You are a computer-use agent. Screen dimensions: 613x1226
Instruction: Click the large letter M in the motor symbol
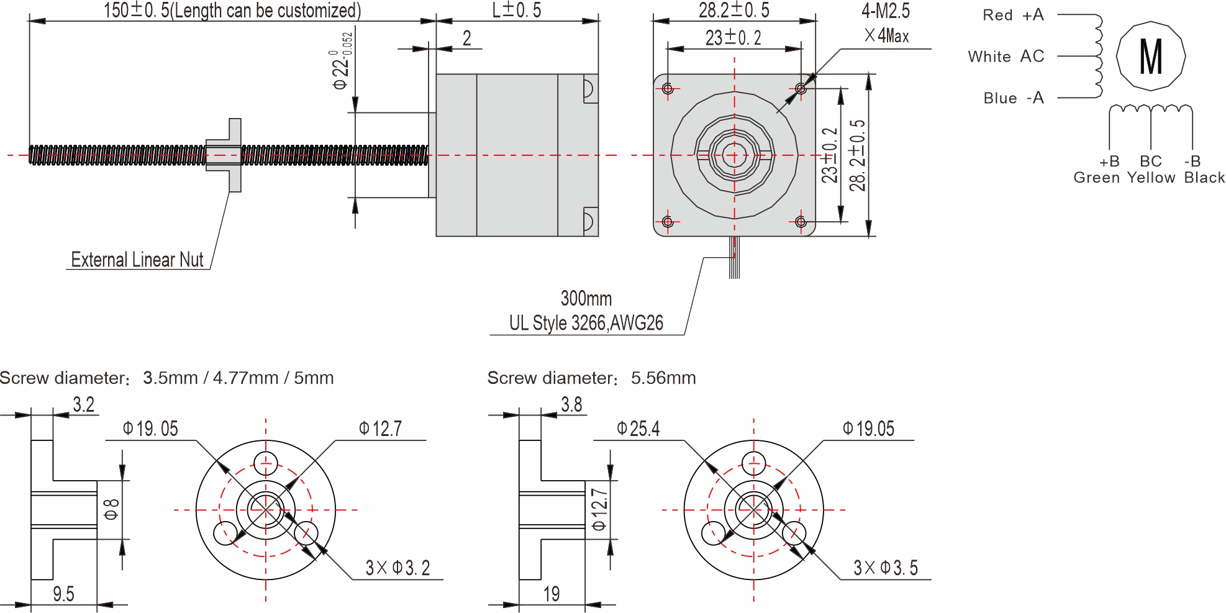point(1150,57)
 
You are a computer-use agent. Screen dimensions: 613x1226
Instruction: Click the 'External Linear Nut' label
point(137,260)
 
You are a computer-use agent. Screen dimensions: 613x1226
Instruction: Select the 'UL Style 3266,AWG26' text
point(586,323)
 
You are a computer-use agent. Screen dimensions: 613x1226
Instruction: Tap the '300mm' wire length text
point(586,299)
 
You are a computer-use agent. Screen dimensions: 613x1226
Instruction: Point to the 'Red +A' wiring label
point(1013,15)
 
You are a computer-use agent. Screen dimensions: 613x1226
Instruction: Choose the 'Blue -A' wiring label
point(1013,98)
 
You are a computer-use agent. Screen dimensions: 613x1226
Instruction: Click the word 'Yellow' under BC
point(1151,178)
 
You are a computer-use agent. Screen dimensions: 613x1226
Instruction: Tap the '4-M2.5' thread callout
point(885,11)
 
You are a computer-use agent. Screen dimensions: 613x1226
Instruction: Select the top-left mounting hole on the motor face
point(668,89)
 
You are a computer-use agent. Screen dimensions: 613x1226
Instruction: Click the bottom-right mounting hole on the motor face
point(801,222)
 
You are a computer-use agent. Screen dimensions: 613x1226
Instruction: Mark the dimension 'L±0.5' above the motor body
point(517,10)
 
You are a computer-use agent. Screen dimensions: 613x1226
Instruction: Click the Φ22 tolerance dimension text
point(342,62)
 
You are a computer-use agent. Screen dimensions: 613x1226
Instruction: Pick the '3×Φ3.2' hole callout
point(397,568)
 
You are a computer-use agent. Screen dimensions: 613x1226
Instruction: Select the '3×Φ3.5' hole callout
point(885,568)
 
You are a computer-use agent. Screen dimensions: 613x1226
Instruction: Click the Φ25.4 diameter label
point(638,429)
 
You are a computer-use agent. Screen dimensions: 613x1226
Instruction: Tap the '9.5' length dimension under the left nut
point(63,594)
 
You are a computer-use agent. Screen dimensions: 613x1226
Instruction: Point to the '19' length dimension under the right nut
point(552,594)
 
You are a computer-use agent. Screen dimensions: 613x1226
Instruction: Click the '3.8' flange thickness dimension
point(571,405)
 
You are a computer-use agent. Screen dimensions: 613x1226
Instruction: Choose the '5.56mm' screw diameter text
point(663,378)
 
